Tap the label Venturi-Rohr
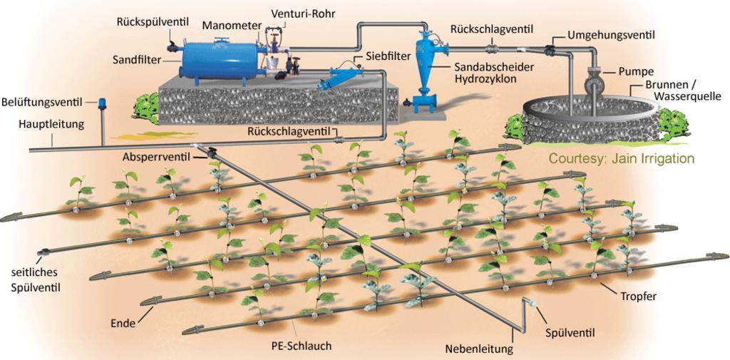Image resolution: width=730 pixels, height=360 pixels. pos(303,14)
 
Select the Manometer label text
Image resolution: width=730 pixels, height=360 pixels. pos(232,26)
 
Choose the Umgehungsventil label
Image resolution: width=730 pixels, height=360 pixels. pos(612,35)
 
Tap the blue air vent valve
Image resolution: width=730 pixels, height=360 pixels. pos(102,103)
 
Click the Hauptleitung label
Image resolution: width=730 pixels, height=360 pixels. pos(51,124)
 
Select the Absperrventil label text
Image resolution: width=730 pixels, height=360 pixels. pos(156,156)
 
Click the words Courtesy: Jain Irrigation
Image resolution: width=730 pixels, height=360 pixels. pos(621,159)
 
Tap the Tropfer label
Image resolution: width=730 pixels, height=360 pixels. pos(638,296)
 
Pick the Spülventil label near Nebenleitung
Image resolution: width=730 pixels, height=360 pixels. pos(570,333)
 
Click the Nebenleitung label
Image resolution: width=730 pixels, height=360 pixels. pos(479,349)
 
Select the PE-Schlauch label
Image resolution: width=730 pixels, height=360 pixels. pos(302,346)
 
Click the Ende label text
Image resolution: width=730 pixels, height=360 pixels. pos(123,323)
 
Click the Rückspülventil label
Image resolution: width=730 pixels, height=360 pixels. pos(153,22)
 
